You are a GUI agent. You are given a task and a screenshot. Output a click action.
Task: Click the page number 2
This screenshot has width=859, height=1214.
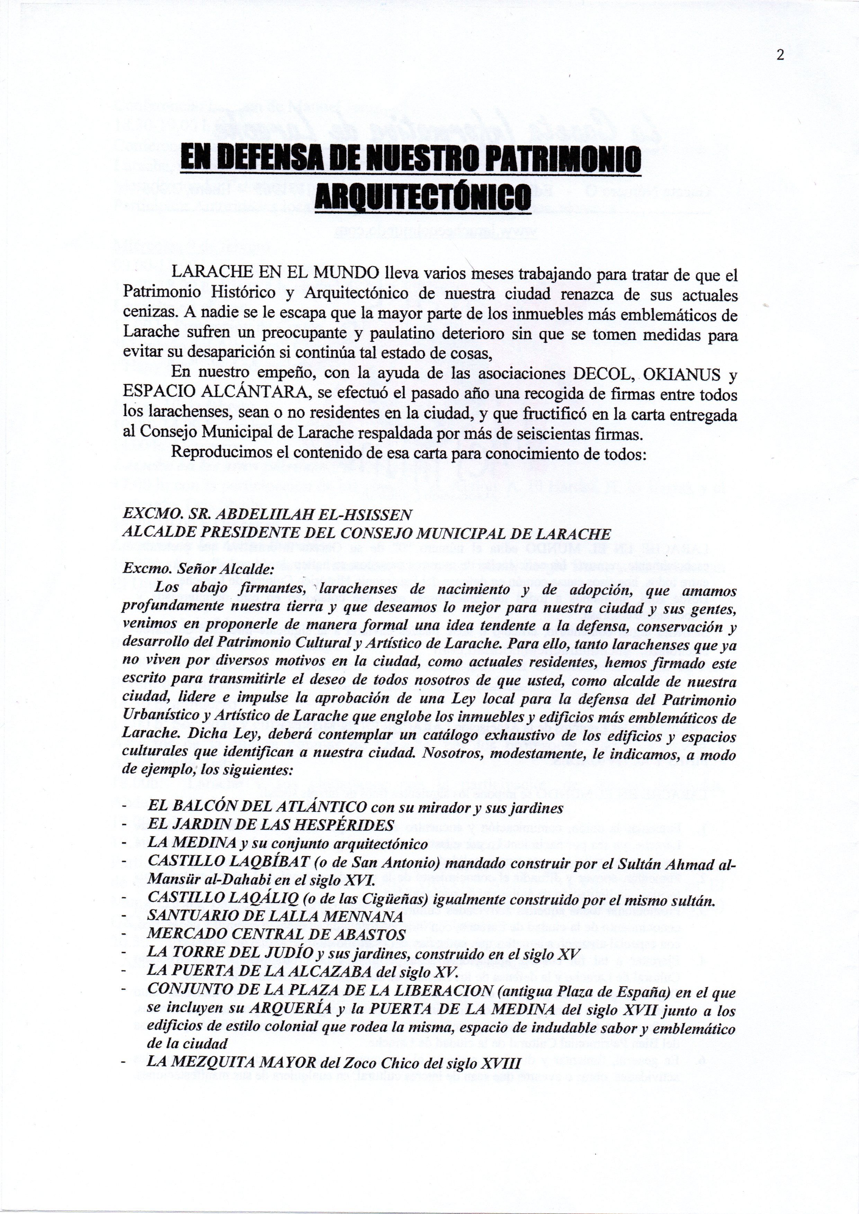coord(780,55)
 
